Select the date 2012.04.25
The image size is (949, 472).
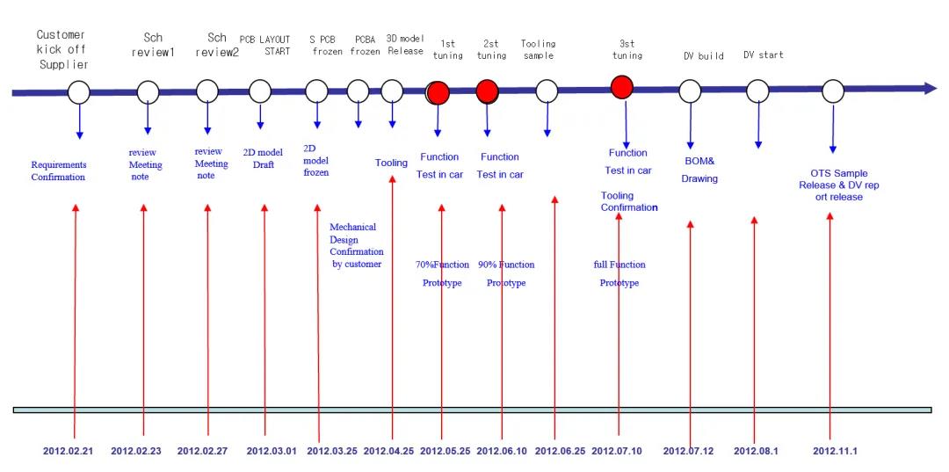[x=388, y=451]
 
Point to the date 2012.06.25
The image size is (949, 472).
[x=559, y=451]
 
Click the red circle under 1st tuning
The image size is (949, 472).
[x=438, y=91]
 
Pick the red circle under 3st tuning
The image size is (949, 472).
[x=622, y=86]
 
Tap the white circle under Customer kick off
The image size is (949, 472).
[x=79, y=91]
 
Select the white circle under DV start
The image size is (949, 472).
[x=757, y=91]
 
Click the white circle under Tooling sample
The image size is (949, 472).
[x=547, y=91]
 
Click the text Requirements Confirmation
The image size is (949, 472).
[x=58, y=171]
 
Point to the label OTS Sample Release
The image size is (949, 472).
[x=831, y=185]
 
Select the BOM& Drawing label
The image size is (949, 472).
[x=699, y=170]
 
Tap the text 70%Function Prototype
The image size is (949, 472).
[x=442, y=273]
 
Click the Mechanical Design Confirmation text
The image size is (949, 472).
[x=356, y=245]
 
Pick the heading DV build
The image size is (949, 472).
[x=703, y=56]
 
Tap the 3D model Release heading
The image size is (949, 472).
[x=405, y=45]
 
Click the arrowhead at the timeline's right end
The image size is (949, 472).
[x=929, y=89]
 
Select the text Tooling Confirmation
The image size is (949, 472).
[x=629, y=201]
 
